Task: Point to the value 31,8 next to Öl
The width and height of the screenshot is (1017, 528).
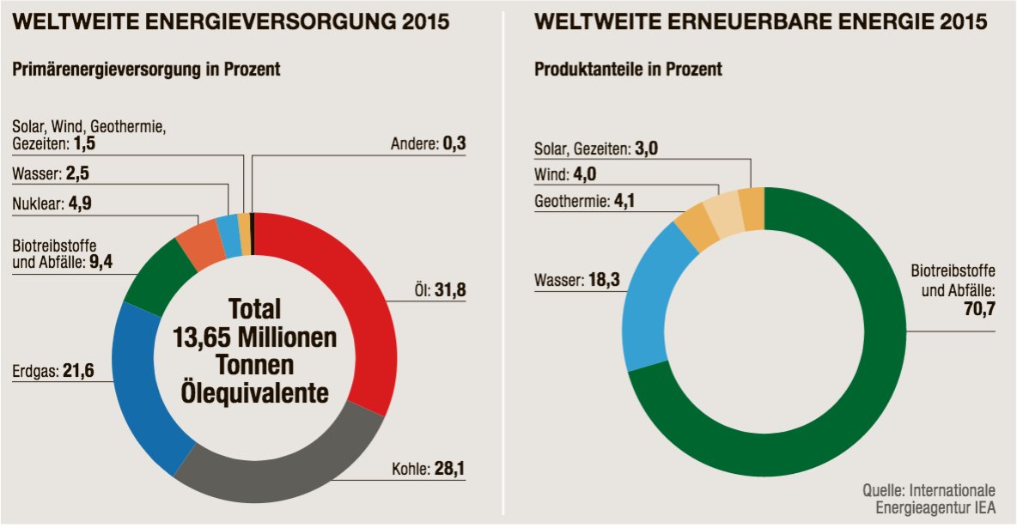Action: click(450, 290)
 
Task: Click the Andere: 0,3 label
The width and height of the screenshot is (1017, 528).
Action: click(426, 143)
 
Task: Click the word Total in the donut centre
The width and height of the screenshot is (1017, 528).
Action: click(254, 309)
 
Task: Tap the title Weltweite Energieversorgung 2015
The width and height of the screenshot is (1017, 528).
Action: click(230, 22)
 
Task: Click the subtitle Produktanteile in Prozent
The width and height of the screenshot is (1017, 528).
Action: click(628, 69)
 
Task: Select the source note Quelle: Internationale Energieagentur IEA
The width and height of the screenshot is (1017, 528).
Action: click(929, 500)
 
